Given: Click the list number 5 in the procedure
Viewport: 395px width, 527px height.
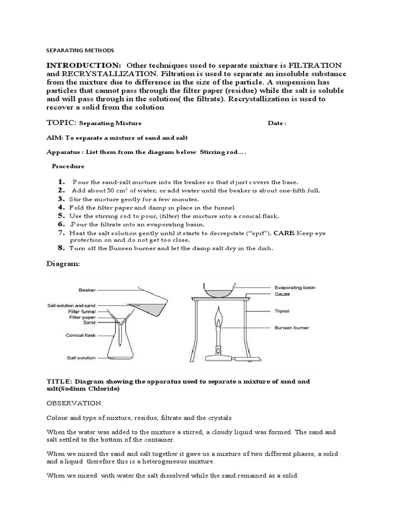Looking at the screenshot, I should pyautogui.click(x=61, y=216).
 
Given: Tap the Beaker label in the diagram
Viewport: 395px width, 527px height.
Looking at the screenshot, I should pyautogui.click(x=88, y=290).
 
